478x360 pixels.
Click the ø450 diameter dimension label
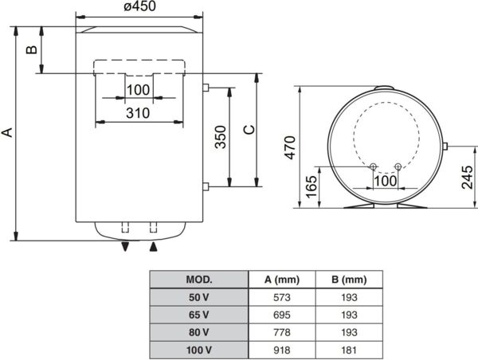point(140,6)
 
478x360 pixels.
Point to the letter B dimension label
point(31,50)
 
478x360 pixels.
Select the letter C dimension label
point(249,130)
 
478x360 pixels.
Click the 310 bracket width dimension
point(138,113)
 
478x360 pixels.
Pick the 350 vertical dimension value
point(221,137)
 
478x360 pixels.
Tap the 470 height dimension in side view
point(290,147)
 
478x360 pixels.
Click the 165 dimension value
point(311,187)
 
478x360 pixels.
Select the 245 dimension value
point(468,178)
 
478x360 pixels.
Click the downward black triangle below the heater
point(125,247)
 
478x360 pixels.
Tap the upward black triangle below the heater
point(153,247)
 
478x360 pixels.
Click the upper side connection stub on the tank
point(206,88)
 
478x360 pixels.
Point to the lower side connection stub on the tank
point(206,186)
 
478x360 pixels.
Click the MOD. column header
point(198,280)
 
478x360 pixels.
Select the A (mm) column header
point(282,280)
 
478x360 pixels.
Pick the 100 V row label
point(198,350)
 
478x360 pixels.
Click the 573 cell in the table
point(282,297)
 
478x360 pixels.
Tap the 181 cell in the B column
point(349,350)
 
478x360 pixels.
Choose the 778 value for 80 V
point(282,332)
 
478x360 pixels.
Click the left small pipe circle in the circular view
point(373,166)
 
